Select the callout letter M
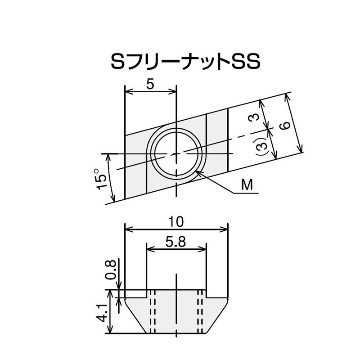pyautogui.click(x=246, y=184)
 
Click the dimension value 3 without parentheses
pyautogui.click(x=254, y=117)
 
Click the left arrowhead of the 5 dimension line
pyautogui.click(x=128, y=92)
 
